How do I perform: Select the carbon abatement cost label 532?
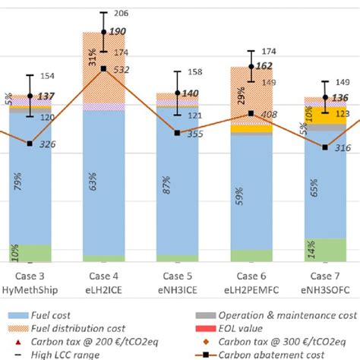pos(120,70)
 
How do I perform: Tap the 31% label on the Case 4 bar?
pos(91,57)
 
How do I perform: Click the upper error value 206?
pos(119,14)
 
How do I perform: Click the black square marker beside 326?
pos(30,144)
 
